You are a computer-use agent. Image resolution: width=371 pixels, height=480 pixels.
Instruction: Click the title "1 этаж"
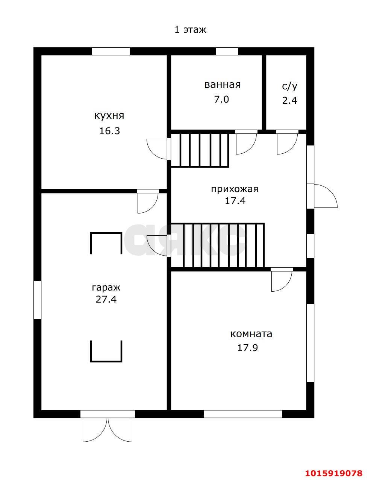(x=190, y=30)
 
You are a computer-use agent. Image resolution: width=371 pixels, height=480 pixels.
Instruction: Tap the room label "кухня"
(x=109, y=115)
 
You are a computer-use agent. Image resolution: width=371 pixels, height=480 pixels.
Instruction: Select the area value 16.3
(x=109, y=131)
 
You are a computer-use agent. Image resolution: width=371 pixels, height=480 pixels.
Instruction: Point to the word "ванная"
(x=223, y=85)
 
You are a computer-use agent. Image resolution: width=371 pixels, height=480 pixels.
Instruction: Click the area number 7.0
(x=221, y=99)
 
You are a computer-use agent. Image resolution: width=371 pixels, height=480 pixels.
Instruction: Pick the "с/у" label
(x=289, y=86)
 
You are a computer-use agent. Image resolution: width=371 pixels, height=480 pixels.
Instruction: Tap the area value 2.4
(x=289, y=101)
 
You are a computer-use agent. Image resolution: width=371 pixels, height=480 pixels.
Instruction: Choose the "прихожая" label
(x=235, y=189)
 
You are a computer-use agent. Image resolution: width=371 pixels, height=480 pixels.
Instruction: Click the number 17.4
(x=235, y=201)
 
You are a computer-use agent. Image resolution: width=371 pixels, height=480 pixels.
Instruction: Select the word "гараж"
(x=106, y=288)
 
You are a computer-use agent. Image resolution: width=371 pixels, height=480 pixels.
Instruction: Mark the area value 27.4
(x=106, y=300)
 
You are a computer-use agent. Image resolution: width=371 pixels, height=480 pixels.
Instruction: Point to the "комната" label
(x=251, y=334)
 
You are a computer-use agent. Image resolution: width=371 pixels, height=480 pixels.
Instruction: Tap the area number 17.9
(x=247, y=348)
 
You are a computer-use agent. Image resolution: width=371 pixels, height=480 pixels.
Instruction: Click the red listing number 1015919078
(x=334, y=471)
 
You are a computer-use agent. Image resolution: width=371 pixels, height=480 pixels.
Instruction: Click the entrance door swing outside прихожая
(x=326, y=196)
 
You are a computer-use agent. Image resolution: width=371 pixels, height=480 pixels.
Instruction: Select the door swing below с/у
(x=287, y=144)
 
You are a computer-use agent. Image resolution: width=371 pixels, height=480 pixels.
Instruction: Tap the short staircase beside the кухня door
(x=200, y=150)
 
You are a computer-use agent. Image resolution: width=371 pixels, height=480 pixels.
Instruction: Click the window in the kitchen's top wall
(x=111, y=51)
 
